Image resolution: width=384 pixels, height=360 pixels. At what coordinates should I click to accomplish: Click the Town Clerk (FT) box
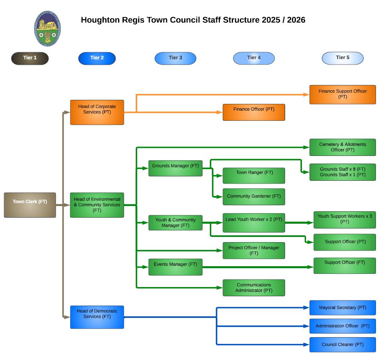coord(30,205)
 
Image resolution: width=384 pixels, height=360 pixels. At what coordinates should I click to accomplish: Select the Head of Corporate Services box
coord(97,112)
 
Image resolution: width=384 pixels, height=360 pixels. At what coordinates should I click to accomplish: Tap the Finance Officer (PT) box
coord(253,112)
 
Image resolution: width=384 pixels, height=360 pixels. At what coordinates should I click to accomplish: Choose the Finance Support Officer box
coord(342,95)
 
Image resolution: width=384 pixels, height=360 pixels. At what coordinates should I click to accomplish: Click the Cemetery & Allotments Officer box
coord(342,147)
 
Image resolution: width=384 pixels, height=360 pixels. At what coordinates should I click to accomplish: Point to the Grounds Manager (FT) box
coord(175,168)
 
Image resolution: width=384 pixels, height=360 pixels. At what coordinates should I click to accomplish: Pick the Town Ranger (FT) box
coord(253,176)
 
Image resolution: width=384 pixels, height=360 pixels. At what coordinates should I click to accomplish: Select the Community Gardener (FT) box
coord(253,196)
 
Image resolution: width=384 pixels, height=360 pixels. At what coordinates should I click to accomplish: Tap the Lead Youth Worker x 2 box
coord(253,222)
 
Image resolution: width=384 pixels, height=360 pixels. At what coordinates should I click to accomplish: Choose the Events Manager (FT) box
coord(175,267)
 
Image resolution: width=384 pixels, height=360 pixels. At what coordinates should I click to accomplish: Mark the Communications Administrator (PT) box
coord(253,288)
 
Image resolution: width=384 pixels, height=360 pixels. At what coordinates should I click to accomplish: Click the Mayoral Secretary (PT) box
coord(342,307)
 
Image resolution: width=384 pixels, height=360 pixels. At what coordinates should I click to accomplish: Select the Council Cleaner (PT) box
coord(342,344)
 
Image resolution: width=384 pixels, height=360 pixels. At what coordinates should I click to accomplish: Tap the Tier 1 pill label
coord(30,58)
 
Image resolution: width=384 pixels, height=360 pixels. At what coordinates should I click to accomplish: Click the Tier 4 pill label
coord(254,58)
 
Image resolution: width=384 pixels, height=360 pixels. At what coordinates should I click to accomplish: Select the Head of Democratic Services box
coord(97,317)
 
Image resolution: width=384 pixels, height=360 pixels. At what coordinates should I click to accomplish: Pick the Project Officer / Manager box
coord(253,251)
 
